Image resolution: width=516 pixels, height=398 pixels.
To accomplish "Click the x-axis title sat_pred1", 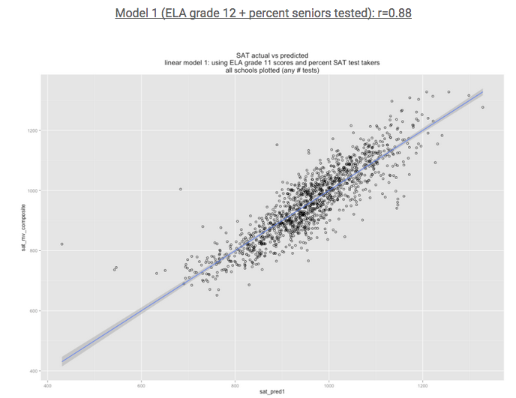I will click(272, 391).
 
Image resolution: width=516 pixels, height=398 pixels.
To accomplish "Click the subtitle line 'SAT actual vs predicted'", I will click(272, 56).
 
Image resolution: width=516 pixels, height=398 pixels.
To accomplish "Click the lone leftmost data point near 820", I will click(61, 244).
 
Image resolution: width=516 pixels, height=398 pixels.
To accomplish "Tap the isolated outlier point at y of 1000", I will click(180, 190).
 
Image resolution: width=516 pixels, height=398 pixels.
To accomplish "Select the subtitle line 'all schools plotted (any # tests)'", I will click(272, 70).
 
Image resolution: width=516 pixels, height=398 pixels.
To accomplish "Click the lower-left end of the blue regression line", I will click(63, 361).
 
